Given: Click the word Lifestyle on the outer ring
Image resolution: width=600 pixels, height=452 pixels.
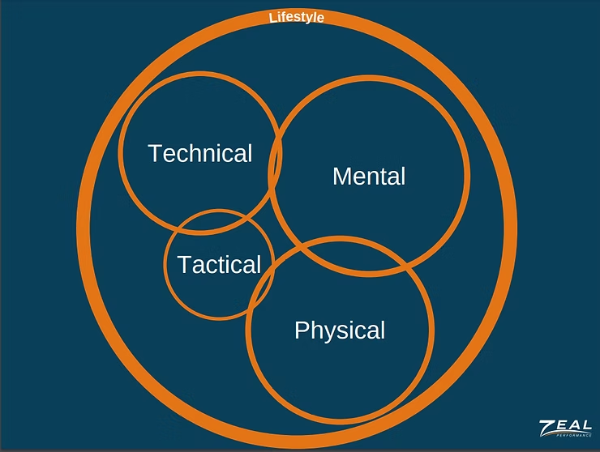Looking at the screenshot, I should click(x=296, y=16).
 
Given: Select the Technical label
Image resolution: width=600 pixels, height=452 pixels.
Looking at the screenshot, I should click(x=200, y=153).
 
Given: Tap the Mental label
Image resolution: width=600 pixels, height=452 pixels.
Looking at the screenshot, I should click(x=369, y=176).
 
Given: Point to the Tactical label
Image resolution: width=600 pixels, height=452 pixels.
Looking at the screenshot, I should click(x=219, y=264).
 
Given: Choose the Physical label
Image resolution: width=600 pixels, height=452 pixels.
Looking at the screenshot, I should click(x=340, y=330).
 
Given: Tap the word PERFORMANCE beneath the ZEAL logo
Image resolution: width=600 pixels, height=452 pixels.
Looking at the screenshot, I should click(x=572, y=437).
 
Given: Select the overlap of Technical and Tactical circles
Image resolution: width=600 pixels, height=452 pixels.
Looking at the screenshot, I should click(x=217, y=221).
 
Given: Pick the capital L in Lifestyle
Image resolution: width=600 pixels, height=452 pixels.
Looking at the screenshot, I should click(x=272, y=17).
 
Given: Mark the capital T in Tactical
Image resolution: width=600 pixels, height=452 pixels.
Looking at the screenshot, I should click(x=184, y=264).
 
